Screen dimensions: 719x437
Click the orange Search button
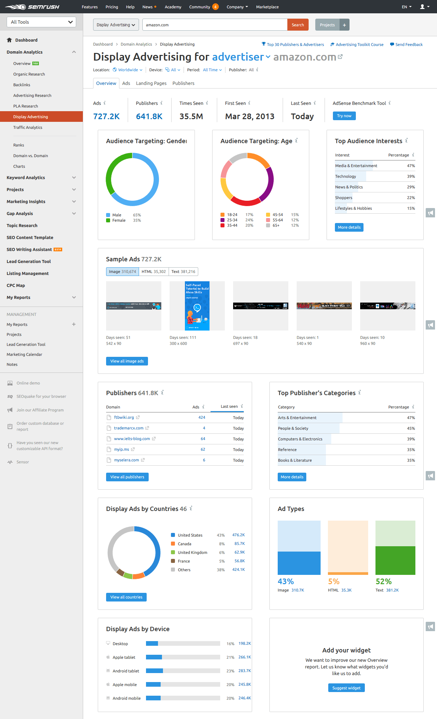point(298,25)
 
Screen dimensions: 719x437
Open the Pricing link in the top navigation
point(112,7)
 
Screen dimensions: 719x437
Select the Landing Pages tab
point(151,83)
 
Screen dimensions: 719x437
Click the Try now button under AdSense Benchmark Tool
point(344,116)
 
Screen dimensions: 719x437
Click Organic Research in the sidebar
point(29,74)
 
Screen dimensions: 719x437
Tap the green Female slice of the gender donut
point(111,170)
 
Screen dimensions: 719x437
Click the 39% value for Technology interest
point(411,176)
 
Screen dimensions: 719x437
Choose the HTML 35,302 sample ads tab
point(154,272)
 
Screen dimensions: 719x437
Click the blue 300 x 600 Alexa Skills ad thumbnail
point(197,306)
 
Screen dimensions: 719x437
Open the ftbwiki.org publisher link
point(124,417)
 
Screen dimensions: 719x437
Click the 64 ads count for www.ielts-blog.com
point(203,439)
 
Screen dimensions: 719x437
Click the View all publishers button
point(127,477)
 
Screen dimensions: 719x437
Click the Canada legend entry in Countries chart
point(184,544)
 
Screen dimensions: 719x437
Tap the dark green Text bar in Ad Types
point(395,560)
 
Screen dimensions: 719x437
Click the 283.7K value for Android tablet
point(244,671)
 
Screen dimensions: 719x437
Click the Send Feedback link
point(409,45)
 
